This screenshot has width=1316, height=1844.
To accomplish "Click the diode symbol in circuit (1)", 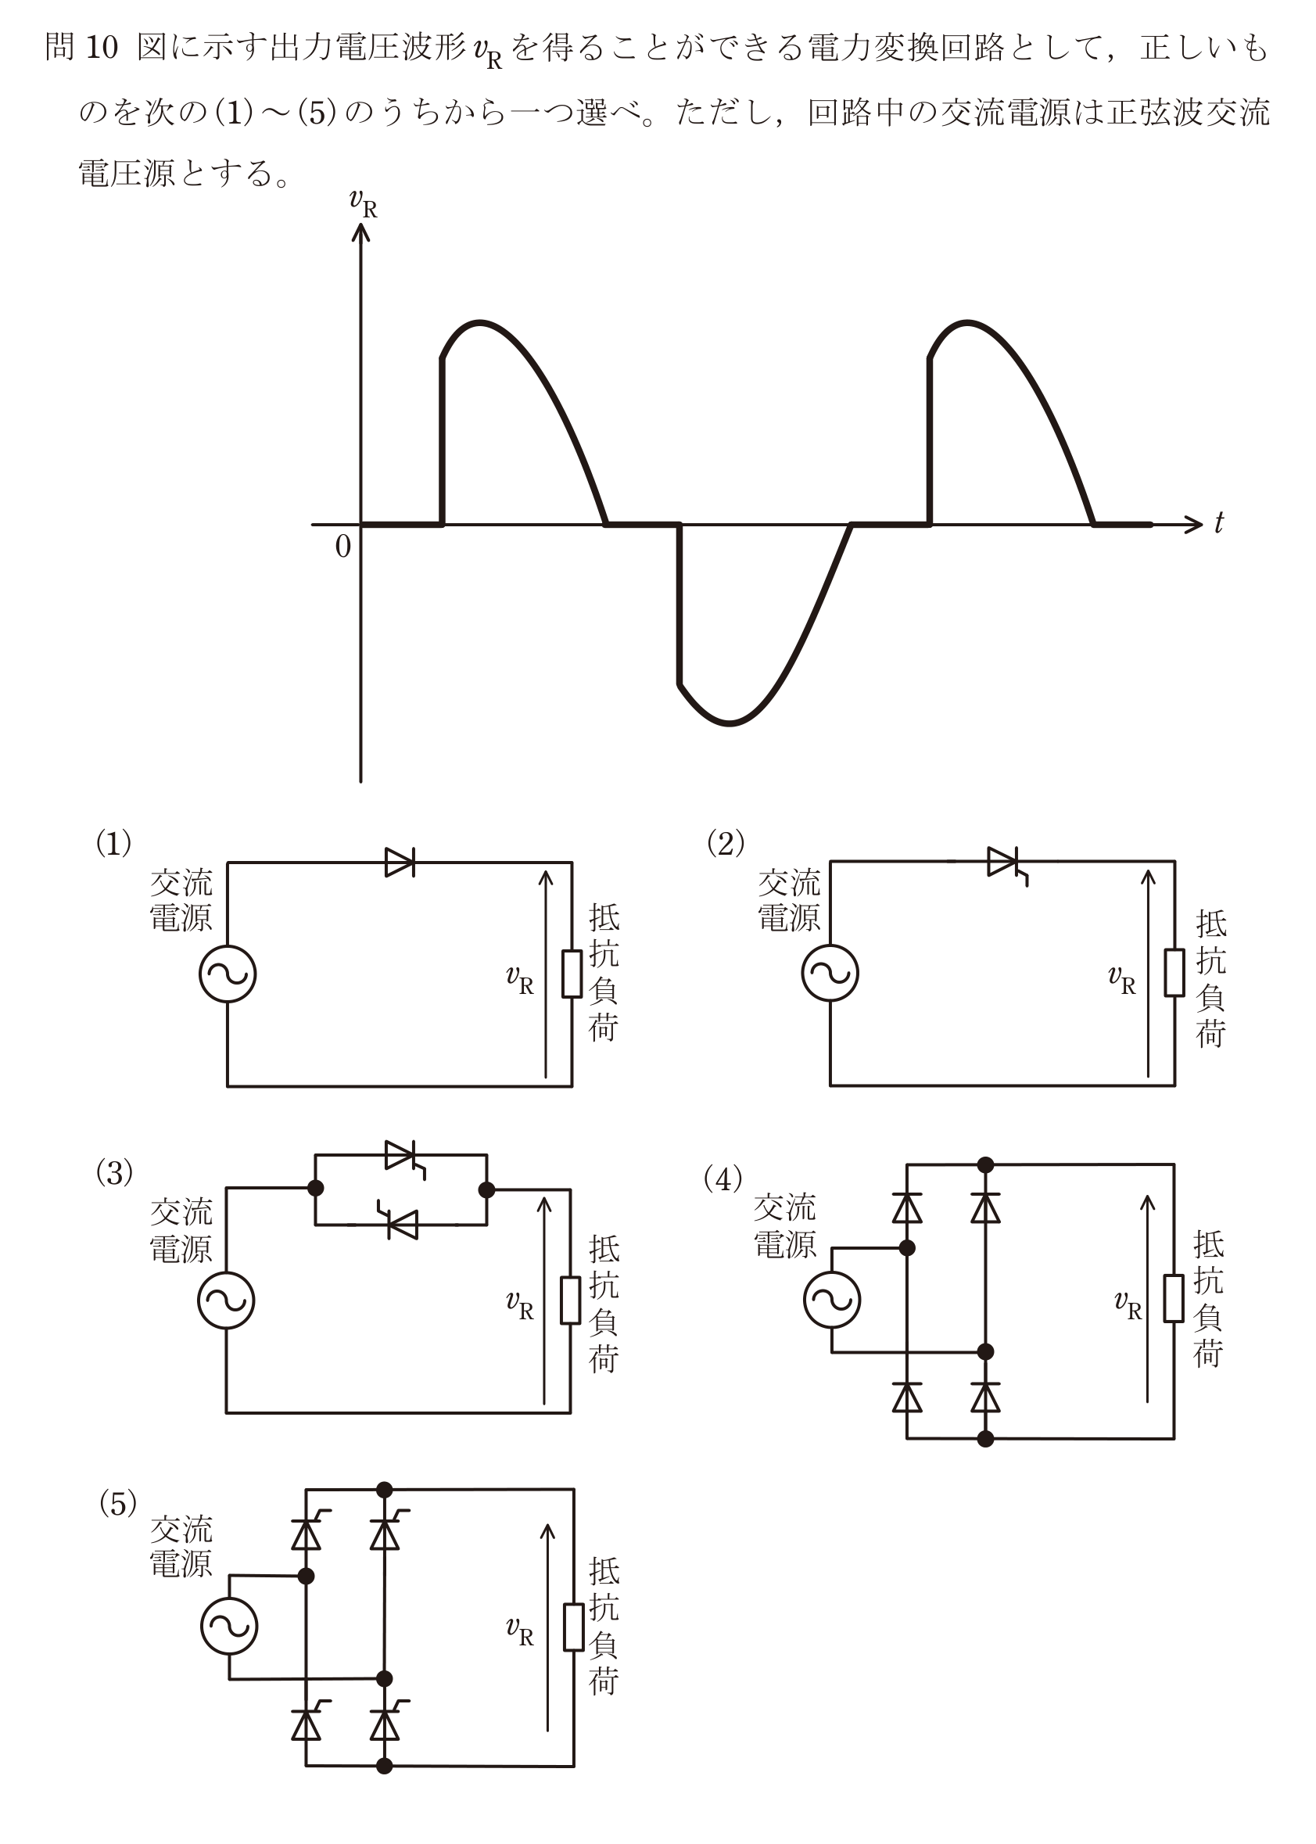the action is pyautogui.click(x=400, y=863).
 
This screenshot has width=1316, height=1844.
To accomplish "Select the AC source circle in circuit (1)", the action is pyautogui.click(x=228, y=974).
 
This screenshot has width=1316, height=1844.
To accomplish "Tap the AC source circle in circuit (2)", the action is pyautogui.click(x=830, y=973).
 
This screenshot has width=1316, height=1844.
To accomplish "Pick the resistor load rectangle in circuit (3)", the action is pyautogui.click(x=571, y=1300).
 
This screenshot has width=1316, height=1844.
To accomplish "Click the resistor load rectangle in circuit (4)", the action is pyautogui.click(x=1174, y=1298).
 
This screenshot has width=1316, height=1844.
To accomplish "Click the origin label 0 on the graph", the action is pyautogui.click(x=343, y=547).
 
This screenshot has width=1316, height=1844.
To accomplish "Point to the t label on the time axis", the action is pyautogui.click(x=1219, y=523).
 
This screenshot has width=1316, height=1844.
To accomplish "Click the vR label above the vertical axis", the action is pyautogui.click(x=363, y=203).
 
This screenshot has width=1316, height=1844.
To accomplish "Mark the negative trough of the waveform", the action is pyautogui.click(x=730, y=723).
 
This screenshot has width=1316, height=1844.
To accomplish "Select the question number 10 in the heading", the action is pyautogui.click(x=102, y=48).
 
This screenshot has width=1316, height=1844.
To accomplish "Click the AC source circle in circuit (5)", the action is pyautogui.click(x=229, y=1626).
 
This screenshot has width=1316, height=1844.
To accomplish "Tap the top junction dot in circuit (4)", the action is pyautogui.click(x=985, y=1165).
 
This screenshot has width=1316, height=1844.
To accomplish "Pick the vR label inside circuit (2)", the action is pyautogui.click(x=1121, y=981).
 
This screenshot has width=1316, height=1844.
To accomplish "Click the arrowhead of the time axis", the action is pyautogui.click(x=1195, y=524).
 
